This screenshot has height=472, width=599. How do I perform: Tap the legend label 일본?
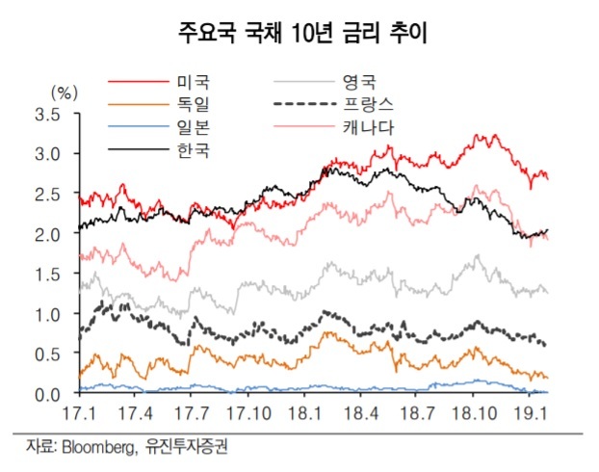pyautogui.click(x=193, y=127)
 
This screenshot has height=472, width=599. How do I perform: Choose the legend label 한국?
pyautogui.click(x=193, y=150)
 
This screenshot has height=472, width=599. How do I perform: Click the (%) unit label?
pyautogui.click(x=63, y=93)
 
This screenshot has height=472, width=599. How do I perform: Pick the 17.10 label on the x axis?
pyautogui.click(x=249, y=415)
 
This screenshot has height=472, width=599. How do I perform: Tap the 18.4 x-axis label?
pyautogui.click(x=358, y=415)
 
